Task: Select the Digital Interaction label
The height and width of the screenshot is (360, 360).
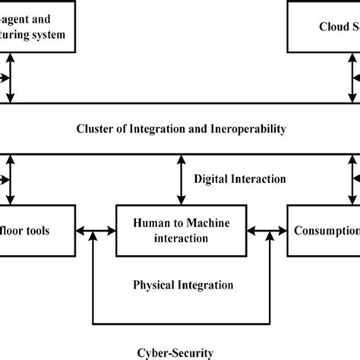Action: [240, 179]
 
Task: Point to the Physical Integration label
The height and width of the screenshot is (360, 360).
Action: [183, 286]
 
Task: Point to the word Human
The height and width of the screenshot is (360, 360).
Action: [150, 222]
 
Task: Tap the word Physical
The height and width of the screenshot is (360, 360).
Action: [155, 286]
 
